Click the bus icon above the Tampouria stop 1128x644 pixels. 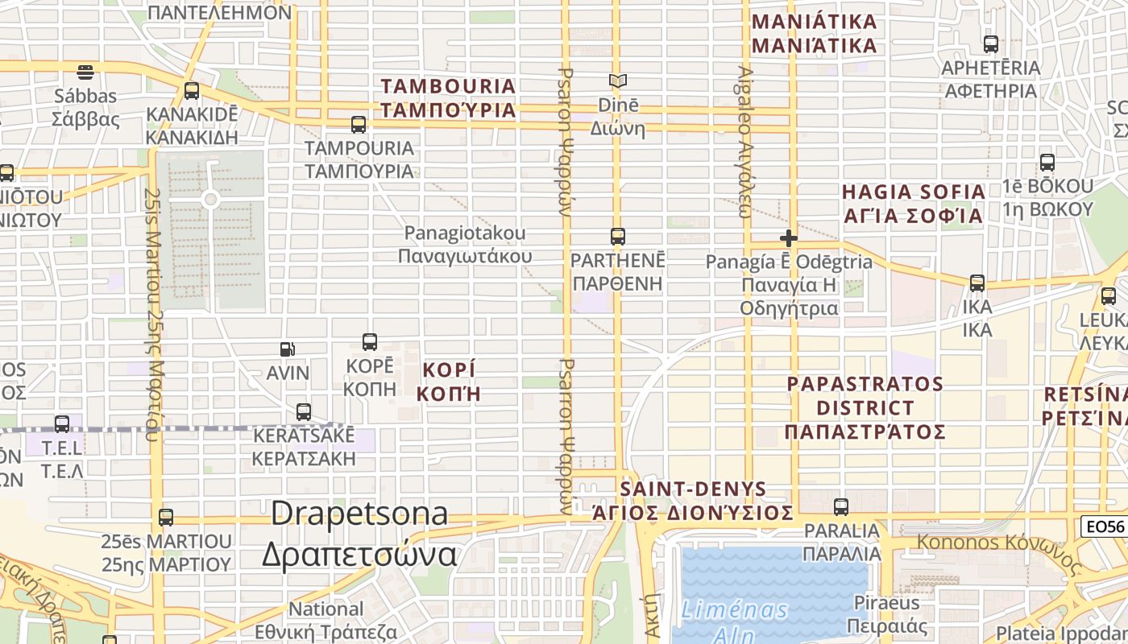pos(359,125)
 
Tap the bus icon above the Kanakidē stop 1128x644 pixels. pos(191,91)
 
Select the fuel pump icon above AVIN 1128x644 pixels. pos(287,349)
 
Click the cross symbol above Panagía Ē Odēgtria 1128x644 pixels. pos(789,238)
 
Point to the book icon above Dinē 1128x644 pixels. pos(618,81)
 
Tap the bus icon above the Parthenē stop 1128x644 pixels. pos(618,237)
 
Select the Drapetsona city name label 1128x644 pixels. pos(359,534)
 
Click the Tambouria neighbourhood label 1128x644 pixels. pos(448,97)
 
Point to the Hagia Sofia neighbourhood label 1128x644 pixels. pos(913,204)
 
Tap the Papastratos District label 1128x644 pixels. pos(865,407)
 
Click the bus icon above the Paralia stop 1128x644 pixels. pos(841,507)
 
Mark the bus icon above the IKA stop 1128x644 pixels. pos(977,283)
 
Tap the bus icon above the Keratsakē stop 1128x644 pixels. pos(304,412)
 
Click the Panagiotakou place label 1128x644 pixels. pos(465,245)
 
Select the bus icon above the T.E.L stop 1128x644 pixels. pos(62,424)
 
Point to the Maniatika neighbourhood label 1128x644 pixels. pos(814,33)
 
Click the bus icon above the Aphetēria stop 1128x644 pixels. pos(991,44)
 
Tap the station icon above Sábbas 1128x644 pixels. pos(85,72)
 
